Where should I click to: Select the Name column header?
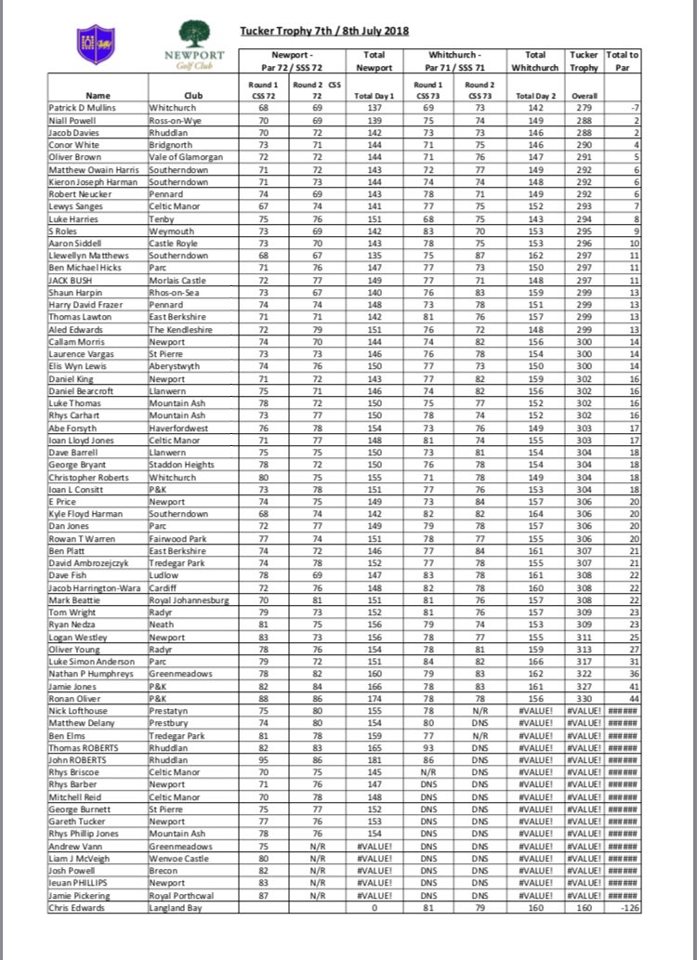(98, 95)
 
